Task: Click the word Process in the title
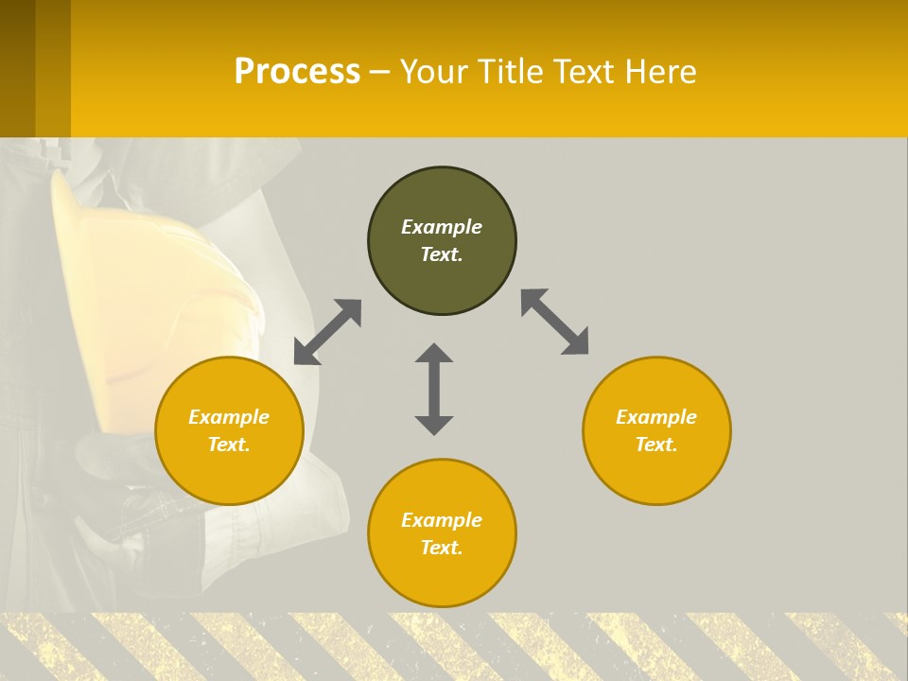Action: point(297,72)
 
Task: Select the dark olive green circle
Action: point(442,241)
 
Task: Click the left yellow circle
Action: point(229,430)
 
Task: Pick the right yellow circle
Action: point(656,430)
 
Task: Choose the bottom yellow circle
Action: point(442,533)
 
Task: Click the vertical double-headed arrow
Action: point(434,389)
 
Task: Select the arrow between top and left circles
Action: point(327,332)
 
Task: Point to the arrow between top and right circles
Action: point(555,323)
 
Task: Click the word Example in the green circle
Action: point(442,227)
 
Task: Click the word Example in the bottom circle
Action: point(442,520)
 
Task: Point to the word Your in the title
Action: point(433,72)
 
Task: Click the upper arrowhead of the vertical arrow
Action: point(434,353)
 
